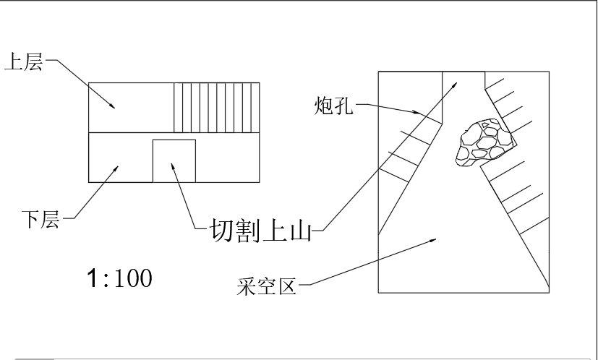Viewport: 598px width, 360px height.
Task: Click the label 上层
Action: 24,63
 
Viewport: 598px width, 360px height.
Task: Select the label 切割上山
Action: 259,231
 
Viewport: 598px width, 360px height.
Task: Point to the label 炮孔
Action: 333,107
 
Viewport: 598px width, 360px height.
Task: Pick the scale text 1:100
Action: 119,278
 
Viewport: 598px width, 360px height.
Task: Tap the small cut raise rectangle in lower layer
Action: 174,160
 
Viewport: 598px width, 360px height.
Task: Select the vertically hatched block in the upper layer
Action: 216,107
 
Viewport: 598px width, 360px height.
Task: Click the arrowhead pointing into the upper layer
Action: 112,106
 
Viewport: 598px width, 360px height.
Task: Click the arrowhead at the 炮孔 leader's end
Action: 417,113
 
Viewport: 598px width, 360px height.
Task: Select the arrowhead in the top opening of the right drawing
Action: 455,85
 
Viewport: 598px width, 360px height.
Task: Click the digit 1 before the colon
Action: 92,278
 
